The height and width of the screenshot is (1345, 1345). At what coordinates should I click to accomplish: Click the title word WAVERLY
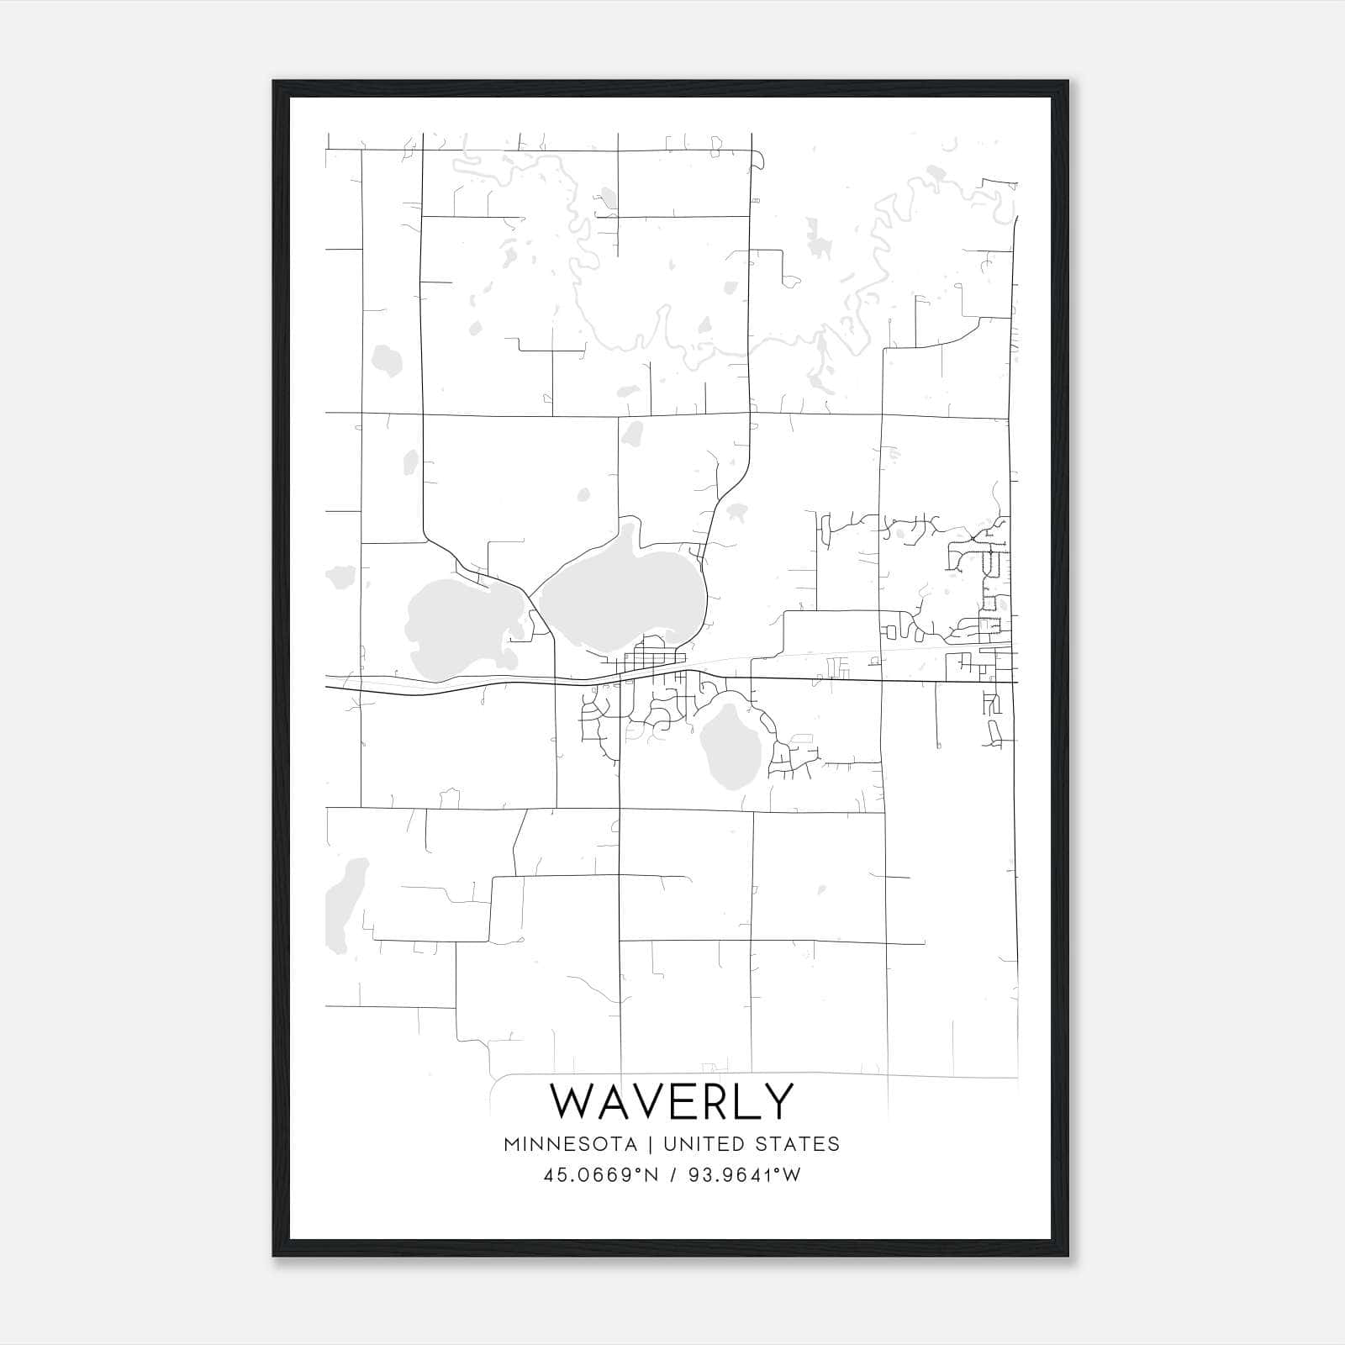[x=671, y=1100]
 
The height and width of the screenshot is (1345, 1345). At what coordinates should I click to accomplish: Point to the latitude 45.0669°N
[x=598, y=1174]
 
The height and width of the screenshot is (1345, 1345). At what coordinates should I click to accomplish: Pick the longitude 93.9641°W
[x=744, y=1174]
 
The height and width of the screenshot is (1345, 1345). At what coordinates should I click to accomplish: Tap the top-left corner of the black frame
[x=274, y=82]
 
